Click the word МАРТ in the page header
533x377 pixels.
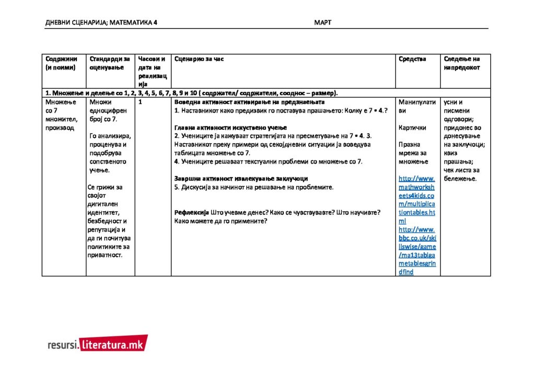(x=322, y=22)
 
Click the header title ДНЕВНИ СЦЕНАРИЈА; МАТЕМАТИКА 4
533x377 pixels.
(x=101, y=22)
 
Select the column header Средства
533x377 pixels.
(x=412, y=59)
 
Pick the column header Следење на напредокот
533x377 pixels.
(x=462, y=63)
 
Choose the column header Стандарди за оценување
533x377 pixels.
(x=110, y=63)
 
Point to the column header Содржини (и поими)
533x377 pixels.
(x=61, y=63)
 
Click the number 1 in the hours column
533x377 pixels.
(x=140, y=102)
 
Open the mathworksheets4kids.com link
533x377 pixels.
(x=416, y=196)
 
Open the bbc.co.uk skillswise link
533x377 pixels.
(x=416, y=250)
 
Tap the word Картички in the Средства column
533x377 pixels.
(x=412, y=128)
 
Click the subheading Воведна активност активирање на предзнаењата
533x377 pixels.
(x=249, y=102)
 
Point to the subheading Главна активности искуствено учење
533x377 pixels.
(x=230, y=128)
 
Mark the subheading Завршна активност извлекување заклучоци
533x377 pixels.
(x=241, y=178)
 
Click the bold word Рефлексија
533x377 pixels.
(x=191, y=212)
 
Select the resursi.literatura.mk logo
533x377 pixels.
(x=97, y=344)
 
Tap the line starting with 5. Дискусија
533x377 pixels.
(x=253, y=187)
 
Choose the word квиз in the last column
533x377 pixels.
(x=451, y=153)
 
